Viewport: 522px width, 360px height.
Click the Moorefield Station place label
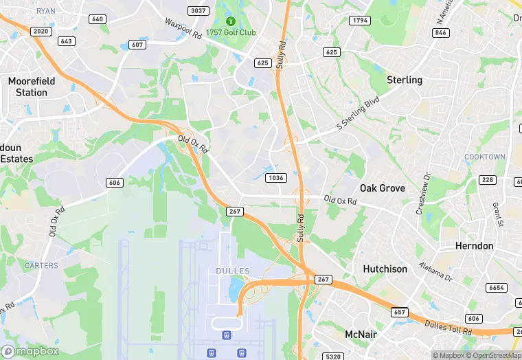(x=32, y=87)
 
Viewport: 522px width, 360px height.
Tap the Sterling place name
(x=405, y=80)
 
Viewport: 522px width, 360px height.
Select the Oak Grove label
(x=383, y=188)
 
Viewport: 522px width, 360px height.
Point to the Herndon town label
(x=475, y=246)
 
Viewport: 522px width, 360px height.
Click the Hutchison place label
(x=385, y=269)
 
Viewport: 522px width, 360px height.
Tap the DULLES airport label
(x=233, y=271)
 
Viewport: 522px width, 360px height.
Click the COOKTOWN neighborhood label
(x=484, y=157)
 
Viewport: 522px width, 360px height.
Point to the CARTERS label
(x=41, y=265)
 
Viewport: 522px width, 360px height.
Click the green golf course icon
(x=229, y=21)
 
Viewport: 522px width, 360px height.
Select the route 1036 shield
(x=275, y=178)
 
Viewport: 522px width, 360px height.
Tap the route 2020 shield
(x=41, y=31)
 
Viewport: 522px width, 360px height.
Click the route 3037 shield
(x=198, y=10)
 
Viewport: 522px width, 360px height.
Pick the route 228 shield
(x=487, y=180)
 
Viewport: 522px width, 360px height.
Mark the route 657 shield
(x=399, y=312)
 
